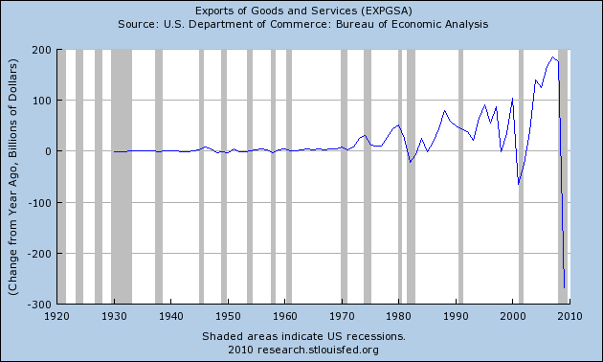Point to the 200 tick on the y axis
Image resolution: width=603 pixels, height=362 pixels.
pyautogui.click(x=41, y=49)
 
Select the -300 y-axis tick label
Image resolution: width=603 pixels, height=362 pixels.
pyautogui.click(x=38, y=304)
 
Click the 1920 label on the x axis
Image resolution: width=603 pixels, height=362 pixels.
pyautogui.click(x=57, y=315)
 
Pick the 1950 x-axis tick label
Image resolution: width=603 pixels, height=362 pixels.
pyautogui.click(x=228, y=315)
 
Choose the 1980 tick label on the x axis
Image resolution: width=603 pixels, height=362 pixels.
pyautogui.click(x=399, y=315)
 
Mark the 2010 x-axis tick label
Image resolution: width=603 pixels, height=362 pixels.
pyautogui.click(x=569, y=315)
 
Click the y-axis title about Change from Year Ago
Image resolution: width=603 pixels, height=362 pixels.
pyautogui.click(x=15, y=176)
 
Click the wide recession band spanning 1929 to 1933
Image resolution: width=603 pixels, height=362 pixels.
pyautogui.click(x=121, y=176)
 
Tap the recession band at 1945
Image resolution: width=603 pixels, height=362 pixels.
pyautogui.click(x=201, y=176)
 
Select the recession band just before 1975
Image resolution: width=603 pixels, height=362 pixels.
pyautogui.click(x=368, y=176)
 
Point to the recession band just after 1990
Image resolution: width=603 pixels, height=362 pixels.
pyautogui.click(x=460, y=176)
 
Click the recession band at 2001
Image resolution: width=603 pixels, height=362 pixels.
pyautogui.click(x=521, y=176)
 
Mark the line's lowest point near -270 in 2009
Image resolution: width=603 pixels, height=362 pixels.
pyautogui.click(x=565, y=287)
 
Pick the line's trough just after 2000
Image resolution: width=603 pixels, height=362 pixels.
pyautogui.click(x=518, y=184)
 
